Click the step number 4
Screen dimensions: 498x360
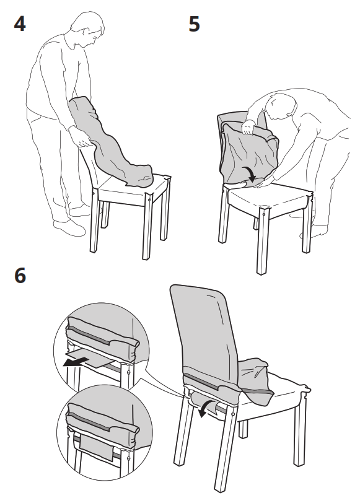(20, 26)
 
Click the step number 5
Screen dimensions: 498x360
(195, 26)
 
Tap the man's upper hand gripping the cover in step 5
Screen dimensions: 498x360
(248, 128)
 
